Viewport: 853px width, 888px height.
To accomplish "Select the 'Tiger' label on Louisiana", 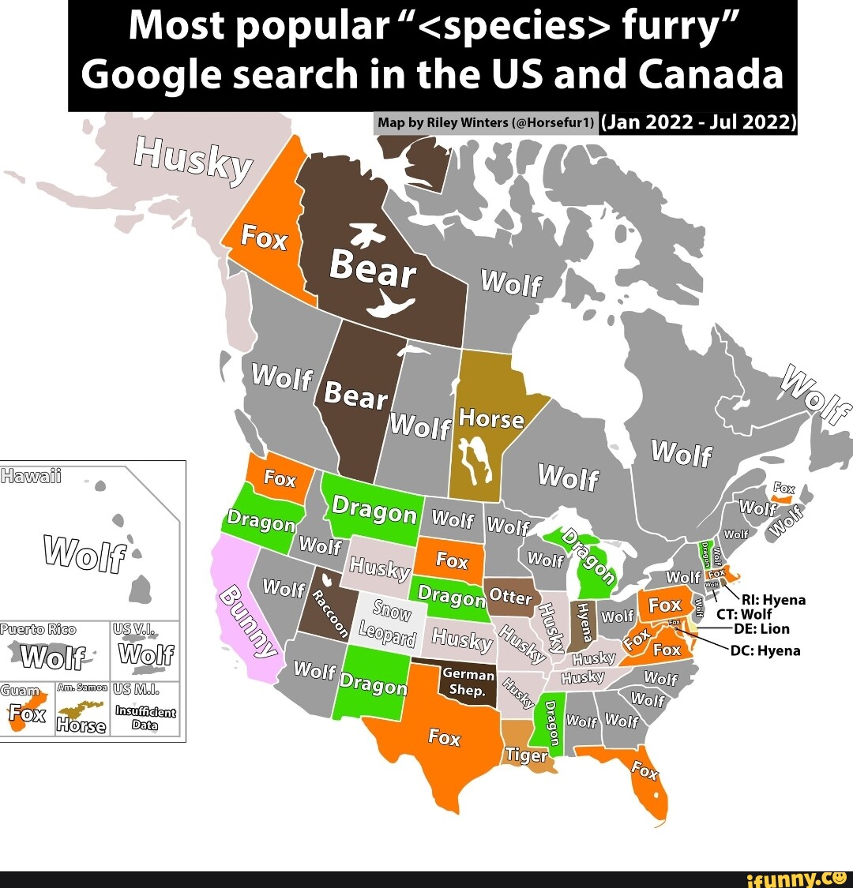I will pos(526,755).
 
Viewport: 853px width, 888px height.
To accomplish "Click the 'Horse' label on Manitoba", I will pos(490,419).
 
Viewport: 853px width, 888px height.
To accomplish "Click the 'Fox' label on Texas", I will pos(444,737).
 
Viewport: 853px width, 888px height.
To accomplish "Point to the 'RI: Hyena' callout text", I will pos(772,600).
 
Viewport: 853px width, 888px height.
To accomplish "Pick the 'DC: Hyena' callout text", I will pos(765,650).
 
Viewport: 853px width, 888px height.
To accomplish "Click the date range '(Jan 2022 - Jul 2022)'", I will pos(698,122).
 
